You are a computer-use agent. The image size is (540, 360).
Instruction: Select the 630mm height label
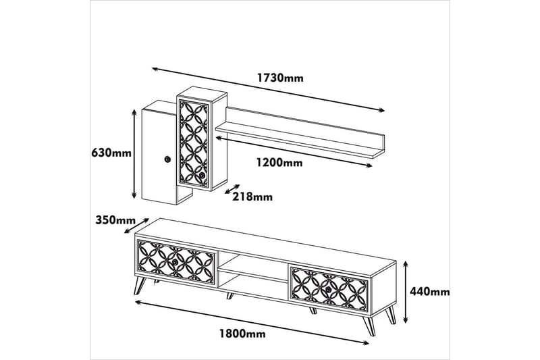point(111,153)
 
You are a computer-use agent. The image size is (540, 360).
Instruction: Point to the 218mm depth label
point(252,197)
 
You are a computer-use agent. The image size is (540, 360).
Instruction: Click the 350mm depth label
point(115,220)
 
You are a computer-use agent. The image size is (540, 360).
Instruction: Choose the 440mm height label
point(431,292)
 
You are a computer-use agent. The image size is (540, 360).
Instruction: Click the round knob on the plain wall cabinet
point(166,159)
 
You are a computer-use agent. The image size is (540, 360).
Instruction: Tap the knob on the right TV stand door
point(329,290)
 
